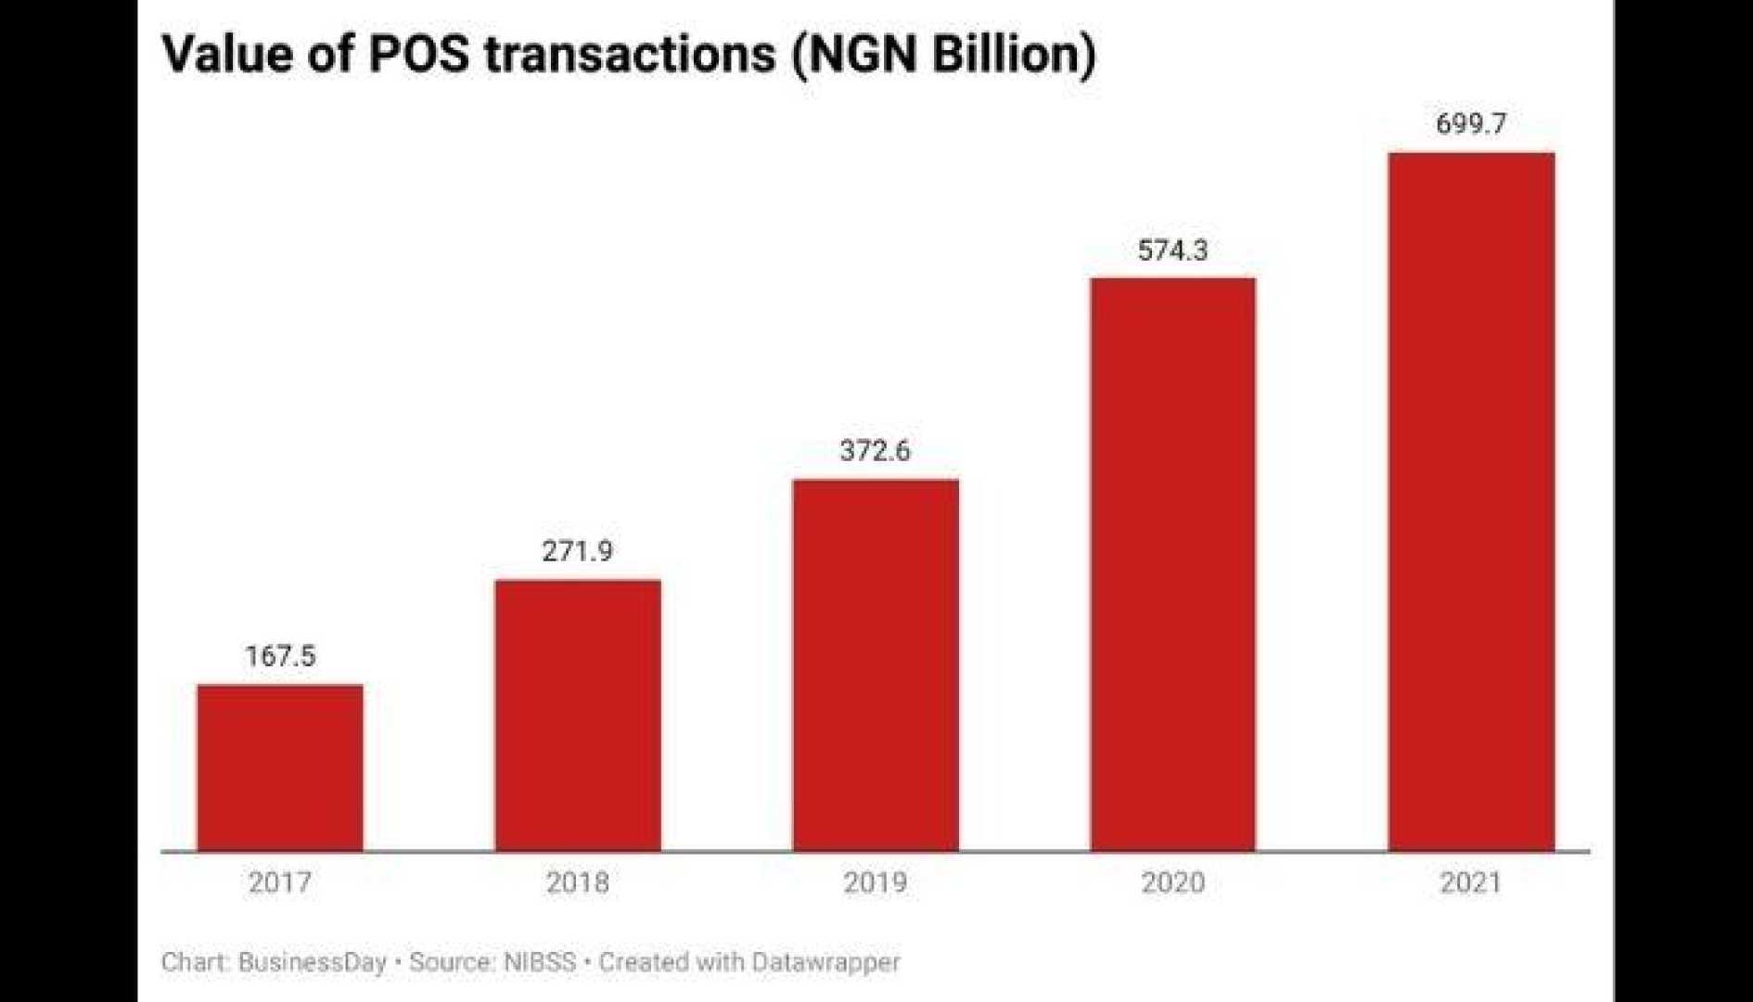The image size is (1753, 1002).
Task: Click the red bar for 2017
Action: (x=280, y=767)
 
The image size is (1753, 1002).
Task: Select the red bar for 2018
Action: (x=578, y=714)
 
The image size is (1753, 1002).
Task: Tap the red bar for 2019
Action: (x=876, y=664)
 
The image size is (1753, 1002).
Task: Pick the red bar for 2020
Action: (x=1172, y=564)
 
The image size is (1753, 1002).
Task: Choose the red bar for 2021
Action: (x=1471, y=501)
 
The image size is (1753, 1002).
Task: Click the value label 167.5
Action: (x=280, y=656)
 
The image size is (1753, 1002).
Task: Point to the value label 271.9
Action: (x=577, y=551)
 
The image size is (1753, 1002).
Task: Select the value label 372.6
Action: (x=875, y=451)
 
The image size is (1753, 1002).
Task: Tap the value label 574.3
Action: (x=1172, y=250)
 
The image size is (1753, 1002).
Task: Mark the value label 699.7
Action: (x=1471, y=123)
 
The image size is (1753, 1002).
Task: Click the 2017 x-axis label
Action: (x=280, y=881)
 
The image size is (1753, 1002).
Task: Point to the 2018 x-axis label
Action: (x=577, y=881)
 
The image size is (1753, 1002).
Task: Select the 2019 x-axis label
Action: (x=875, y=881)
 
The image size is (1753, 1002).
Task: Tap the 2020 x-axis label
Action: (x=1172, y=881)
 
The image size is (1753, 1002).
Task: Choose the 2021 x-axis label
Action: (x=1470, y=881)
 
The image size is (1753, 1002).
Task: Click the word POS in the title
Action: (x=420, y=54)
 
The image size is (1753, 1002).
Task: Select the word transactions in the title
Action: (x=630, y=54)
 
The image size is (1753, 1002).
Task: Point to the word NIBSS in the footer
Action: (x=539, y=962)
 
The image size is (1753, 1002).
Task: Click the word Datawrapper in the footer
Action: (x=825, y=962)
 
